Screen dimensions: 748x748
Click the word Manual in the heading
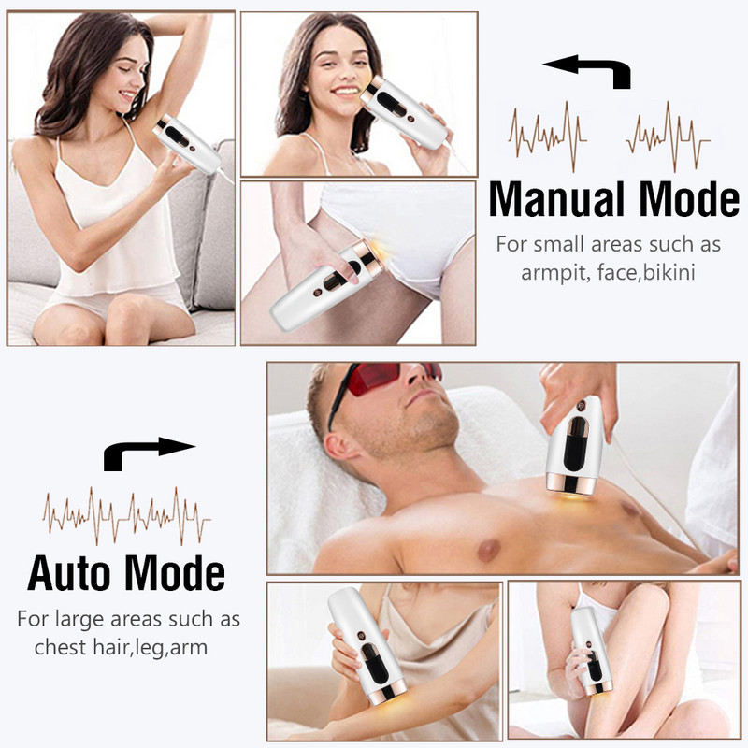coord(559,199)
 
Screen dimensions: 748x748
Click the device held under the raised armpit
coord(187,145)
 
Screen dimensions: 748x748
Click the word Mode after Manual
coord(690,199)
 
